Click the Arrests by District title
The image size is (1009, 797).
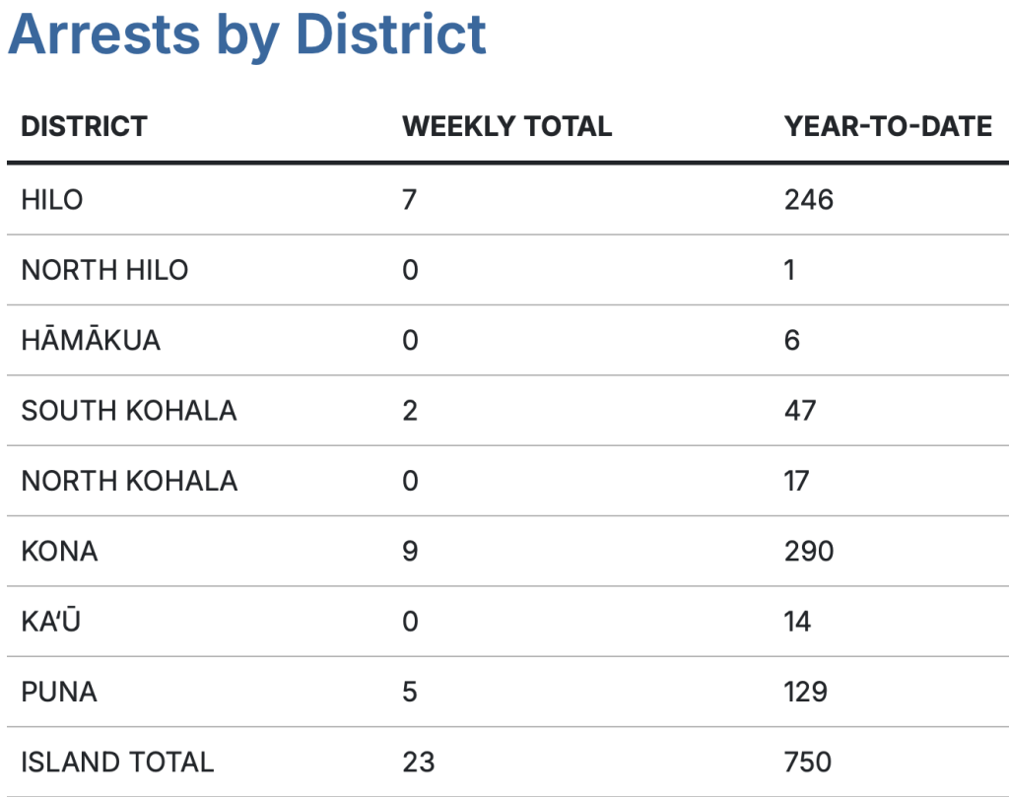click(247, 34)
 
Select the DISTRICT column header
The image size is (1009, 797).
click(84, 126)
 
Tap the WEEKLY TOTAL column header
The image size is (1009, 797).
click(506, 126)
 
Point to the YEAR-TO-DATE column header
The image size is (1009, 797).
click(888, 126)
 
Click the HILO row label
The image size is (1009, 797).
click(52, 200)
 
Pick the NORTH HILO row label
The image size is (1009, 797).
click(104, 270)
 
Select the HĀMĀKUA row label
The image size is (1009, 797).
click(91, 341)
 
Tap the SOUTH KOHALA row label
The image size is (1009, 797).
click(129, 410)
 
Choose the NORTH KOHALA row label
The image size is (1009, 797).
click(129, 481)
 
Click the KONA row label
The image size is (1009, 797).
click(59, 551)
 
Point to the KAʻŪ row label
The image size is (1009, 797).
click(50, 621)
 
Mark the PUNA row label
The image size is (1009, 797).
click(59, 692)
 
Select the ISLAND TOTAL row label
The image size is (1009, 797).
click(117, 762)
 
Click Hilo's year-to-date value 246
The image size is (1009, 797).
click(808, 200)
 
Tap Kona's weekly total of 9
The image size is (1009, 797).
click(410, 551)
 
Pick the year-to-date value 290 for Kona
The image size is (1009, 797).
click(808, 551)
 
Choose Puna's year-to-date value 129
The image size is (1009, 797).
click(805, 692)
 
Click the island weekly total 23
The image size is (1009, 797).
click(418, 762)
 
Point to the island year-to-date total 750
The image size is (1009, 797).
click(807, 762)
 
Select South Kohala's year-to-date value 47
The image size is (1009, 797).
click(800, 410)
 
